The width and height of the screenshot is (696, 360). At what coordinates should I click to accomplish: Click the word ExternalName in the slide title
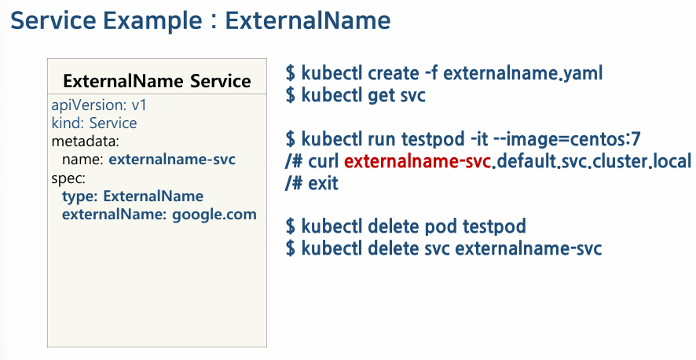(308, 20)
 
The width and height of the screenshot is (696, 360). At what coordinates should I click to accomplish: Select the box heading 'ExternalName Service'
(157, 81)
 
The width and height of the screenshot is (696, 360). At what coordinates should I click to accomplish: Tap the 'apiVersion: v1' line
(99, 105)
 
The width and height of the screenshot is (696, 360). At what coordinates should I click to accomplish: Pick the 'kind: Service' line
(94, 123)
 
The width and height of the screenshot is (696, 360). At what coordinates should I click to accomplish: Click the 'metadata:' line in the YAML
(85, 141)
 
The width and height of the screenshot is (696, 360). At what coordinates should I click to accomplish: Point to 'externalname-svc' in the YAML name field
(172, 160)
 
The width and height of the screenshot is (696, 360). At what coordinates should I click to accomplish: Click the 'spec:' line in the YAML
(68, 178)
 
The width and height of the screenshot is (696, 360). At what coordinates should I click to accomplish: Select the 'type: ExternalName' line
(133, 196)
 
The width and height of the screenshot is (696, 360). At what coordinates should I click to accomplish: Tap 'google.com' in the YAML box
(214, 215)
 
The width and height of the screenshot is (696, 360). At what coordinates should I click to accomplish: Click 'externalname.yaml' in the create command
(523, 73)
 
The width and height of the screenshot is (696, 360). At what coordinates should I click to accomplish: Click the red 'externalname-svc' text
(418, 161)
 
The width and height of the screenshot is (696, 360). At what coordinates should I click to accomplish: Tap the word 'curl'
(324, 161)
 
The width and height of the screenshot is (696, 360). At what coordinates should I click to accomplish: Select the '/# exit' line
(312, 183)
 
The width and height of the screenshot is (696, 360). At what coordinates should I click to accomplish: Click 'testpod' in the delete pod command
(494, 226)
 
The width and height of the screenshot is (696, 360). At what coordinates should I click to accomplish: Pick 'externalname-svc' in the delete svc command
(529, 248)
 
